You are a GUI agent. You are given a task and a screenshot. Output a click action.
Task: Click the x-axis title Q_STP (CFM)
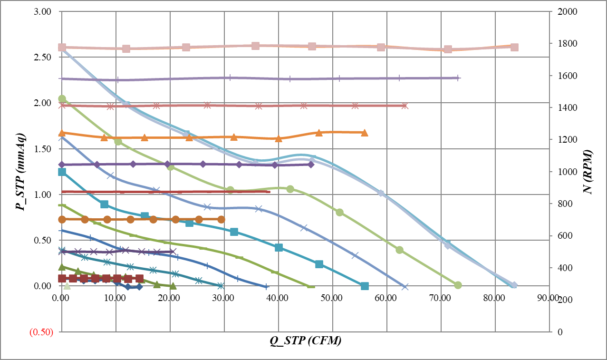tap(304, 341)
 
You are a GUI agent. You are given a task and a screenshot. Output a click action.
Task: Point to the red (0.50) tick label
tap(41, 332)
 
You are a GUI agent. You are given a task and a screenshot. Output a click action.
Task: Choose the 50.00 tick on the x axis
tap(332, 298)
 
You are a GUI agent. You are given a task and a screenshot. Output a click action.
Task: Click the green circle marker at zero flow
tap(62, 99)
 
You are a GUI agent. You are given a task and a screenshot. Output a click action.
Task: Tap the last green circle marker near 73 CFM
tap(458, 285)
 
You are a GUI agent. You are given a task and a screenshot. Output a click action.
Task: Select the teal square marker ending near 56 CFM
tap(365, 286)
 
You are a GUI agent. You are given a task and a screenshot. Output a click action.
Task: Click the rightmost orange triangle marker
tap(364, 133)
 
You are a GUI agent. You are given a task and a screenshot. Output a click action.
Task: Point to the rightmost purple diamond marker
tap(311, 165)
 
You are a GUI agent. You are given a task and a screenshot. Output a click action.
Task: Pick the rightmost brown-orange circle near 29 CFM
tap(221, 219)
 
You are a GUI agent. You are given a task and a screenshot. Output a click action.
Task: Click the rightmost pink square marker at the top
tap(514, 47)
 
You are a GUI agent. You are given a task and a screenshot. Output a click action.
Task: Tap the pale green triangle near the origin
tap(67, 285)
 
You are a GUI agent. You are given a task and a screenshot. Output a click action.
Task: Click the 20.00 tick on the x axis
tap(170, 298)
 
